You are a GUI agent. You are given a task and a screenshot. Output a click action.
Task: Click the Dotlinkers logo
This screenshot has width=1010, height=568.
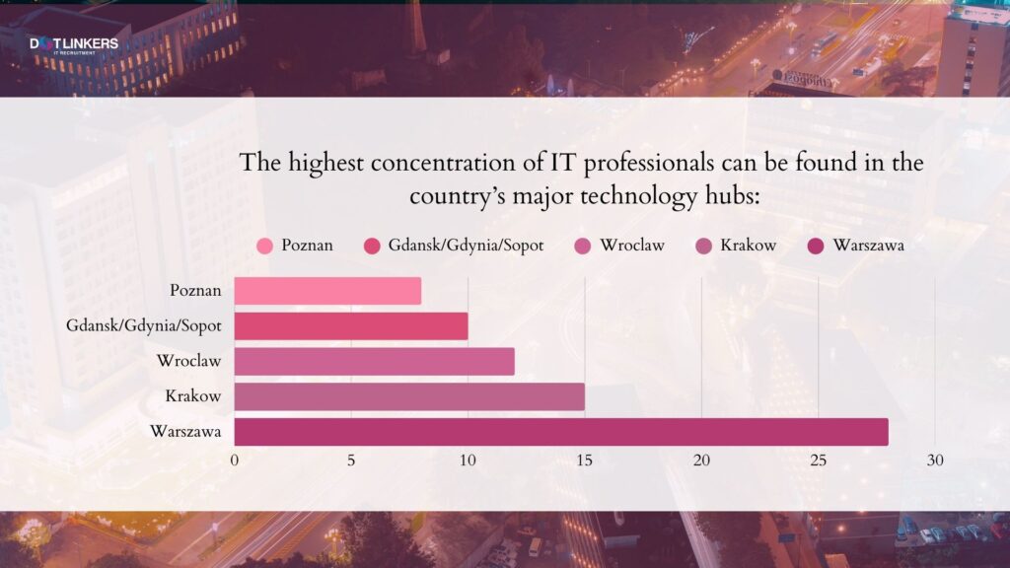tap(73, 44)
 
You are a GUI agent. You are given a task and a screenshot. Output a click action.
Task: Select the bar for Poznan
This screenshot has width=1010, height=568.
tap(327, 291)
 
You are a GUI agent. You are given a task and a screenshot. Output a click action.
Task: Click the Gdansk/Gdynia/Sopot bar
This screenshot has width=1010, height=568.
tap(350, 326)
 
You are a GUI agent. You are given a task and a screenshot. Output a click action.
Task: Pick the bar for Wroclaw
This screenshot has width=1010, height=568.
tap(374, 362)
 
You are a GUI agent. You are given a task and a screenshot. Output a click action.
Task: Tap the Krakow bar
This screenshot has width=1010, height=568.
tap(409, 396)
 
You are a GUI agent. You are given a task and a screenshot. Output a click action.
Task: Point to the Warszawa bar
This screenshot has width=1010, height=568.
tap(560, 432)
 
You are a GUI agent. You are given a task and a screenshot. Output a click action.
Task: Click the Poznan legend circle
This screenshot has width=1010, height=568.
tap(264, 246)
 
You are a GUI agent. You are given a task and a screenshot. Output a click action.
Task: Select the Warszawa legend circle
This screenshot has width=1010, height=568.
tap(817, 246)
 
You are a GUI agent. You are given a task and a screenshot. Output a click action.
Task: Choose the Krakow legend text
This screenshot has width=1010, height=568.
tap(749, 245)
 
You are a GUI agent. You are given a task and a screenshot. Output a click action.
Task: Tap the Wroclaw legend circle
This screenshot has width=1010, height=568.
tap(583, 246)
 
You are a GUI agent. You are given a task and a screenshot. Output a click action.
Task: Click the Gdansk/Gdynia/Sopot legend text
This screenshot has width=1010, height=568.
tap(466, 246)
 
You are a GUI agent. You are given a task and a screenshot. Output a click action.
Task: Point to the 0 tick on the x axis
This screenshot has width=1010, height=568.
tap(235, 461)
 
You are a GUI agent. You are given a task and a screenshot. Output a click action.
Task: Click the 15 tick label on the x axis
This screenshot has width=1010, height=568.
tap(585, 461)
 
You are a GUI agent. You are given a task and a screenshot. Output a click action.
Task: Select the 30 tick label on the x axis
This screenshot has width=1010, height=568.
tap(935, 461)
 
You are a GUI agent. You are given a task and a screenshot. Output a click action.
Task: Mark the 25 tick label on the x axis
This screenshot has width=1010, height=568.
tap(818, 461)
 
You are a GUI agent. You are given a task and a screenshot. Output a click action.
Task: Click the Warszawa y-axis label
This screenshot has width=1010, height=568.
tap(185, 432)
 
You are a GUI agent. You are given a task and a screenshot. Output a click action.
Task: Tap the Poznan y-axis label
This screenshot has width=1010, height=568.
tap(195, 291)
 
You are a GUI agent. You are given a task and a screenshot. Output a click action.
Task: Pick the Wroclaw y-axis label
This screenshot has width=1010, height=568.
tap(188, 362)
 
